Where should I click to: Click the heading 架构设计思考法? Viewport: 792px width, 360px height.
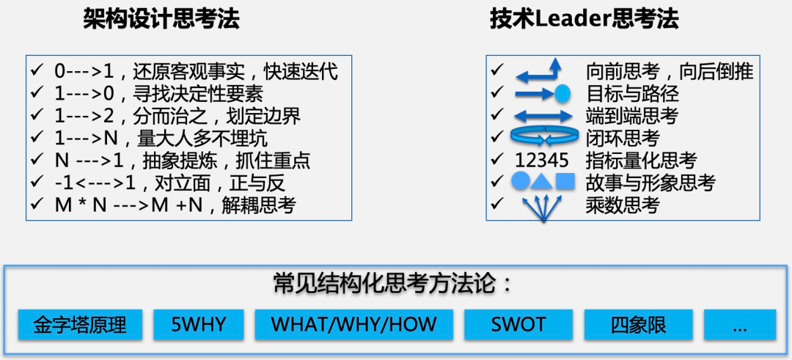tap(161, 20)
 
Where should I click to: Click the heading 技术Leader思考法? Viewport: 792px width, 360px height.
tap(584, 20)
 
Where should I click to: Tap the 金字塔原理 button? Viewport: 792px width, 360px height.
tap(81, 325)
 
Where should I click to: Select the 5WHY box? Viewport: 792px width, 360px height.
tap(199, 325)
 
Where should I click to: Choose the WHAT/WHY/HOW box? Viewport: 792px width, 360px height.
tap(354, 325)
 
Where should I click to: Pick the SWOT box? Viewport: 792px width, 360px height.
tap(518, 325)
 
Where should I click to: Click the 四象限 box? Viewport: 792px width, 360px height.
tap(639, 325)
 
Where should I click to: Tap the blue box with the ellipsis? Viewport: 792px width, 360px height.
tap(739, 325)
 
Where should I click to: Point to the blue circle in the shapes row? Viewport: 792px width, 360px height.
tap(520, 181)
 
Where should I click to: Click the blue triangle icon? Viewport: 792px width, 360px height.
tap(542, 181)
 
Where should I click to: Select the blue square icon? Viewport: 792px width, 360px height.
tap(565, 181)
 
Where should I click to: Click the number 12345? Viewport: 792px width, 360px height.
tap(542, 160)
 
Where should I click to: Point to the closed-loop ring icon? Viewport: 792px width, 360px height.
tap(543, 136)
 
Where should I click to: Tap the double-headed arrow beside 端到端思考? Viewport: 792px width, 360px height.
tap(543, 116)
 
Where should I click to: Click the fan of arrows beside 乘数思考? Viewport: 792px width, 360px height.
tap(543, 209)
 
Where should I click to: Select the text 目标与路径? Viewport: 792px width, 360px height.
tap(632, 94)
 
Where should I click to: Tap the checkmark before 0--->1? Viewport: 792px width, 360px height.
tap(37, 70)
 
